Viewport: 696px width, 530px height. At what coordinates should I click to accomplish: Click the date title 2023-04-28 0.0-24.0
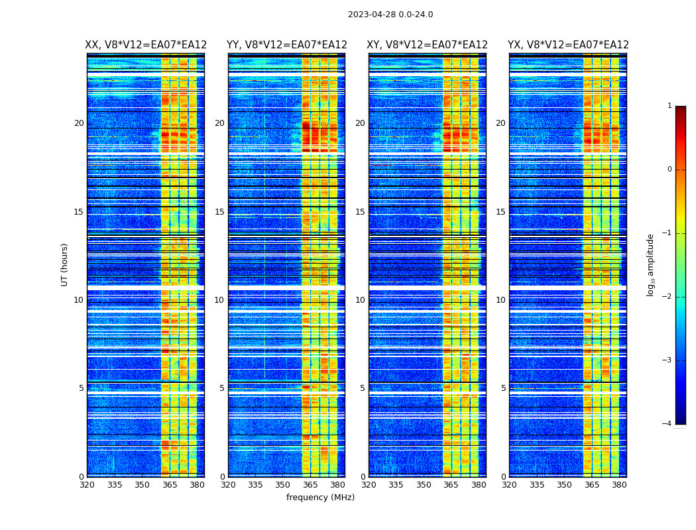[390, 15]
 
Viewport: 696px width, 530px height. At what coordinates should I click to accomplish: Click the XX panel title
[146, 45]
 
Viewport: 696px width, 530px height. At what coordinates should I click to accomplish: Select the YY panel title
[286, 45]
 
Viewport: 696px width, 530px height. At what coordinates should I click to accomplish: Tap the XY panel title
[427, 45]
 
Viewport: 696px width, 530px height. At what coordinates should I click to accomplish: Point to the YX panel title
[568, 45]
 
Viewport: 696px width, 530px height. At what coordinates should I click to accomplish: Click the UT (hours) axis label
[65, 264]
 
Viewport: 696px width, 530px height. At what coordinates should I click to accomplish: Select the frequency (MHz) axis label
[320, 498]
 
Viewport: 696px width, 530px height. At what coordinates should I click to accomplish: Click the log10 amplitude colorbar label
[651, 264]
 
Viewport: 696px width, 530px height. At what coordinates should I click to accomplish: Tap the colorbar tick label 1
[669, 106]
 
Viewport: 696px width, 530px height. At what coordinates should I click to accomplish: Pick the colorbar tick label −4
[667, 424]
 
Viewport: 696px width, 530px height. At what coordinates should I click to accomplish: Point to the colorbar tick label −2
[667, 297]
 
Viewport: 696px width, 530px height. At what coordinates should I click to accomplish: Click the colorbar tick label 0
[669, 170]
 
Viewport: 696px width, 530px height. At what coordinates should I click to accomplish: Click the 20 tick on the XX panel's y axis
[79, 123]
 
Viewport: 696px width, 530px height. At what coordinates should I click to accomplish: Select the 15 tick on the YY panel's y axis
[219, 212]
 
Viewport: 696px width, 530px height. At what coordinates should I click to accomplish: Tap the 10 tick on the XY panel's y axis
[360, 300]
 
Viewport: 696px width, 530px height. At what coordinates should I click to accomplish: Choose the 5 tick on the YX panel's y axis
[504, 388]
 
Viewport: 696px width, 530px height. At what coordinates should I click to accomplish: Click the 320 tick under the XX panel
[87, 485]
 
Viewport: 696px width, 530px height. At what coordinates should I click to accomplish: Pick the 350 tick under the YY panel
[283, 485]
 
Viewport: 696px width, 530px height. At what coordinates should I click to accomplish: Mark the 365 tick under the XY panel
[451, 485]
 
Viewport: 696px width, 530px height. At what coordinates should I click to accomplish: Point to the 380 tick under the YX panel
[619, 485]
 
